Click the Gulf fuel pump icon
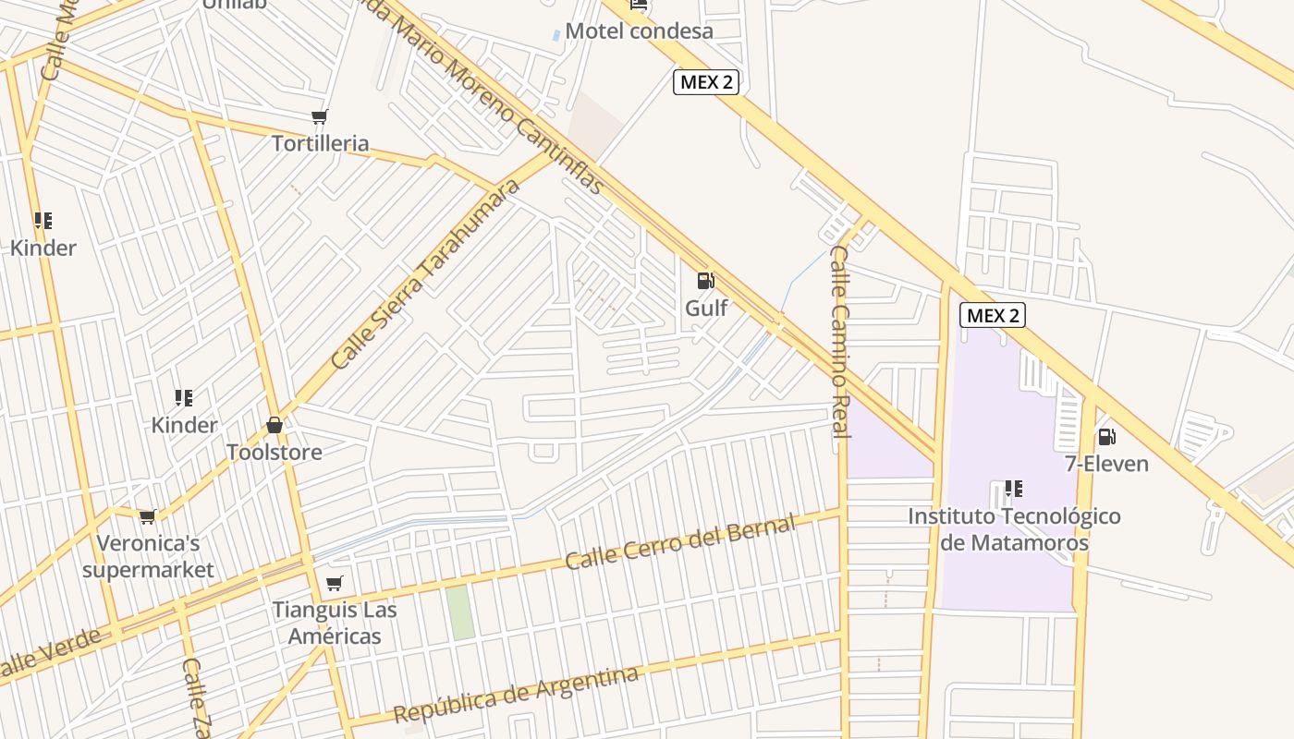coord(705,280)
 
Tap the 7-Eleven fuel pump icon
coord(1105,436)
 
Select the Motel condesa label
coord(639,30)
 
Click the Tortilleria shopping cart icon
coord(320,116)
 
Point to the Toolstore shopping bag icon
coord(275,425)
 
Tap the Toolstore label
coord(275,452)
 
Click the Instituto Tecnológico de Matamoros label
coord(1014,529)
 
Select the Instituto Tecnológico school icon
coord(1014,488)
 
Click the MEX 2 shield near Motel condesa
coord(706,81)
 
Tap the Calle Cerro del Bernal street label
coord(679,543)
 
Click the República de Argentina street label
coord(516,695)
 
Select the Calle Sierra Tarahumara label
coord(425,275)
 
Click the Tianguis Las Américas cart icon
coord(335,583)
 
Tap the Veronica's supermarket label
coord(148,556)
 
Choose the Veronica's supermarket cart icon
coord(148,516)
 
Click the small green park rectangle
coord(459,612)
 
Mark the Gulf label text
coord(706,308)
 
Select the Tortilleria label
coord(320,143)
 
